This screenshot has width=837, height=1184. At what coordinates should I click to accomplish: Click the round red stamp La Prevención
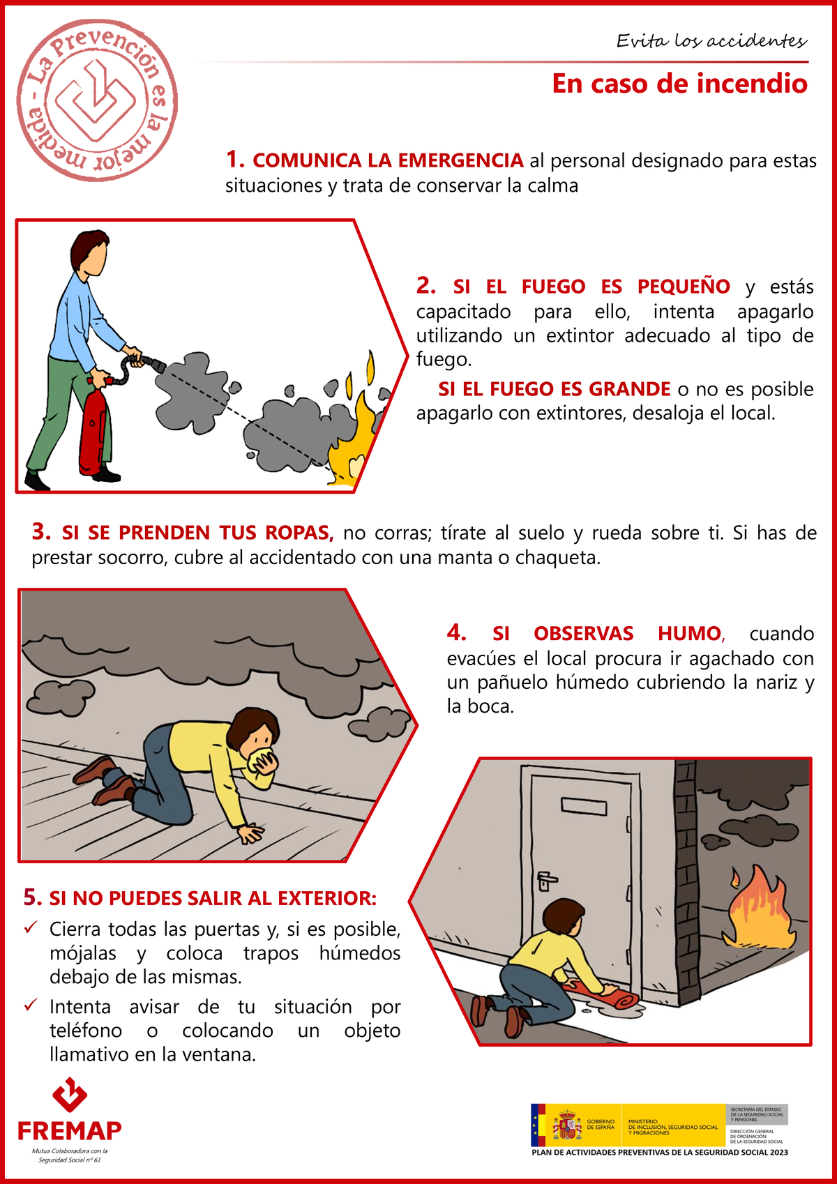coord(97,100)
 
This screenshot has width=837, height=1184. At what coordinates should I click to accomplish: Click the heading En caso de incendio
coord(679,84)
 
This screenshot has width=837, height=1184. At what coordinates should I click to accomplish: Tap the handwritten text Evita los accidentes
coord(711,40)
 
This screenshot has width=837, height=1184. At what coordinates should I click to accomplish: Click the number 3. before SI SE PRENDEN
coord(41,532)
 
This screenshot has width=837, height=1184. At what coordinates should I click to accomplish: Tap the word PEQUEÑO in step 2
coord(683,287)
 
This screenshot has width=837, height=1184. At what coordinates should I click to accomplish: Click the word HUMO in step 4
coord(689,633)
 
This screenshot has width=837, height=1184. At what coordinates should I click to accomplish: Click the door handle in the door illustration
coord(545,880)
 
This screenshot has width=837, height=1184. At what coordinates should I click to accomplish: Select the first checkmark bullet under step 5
coord(31,927)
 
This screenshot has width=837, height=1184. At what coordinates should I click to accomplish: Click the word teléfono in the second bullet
coord(86,1031)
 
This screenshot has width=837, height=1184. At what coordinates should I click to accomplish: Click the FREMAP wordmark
coord(70,1130)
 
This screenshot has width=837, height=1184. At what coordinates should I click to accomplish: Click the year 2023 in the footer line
coord(778,1152)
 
